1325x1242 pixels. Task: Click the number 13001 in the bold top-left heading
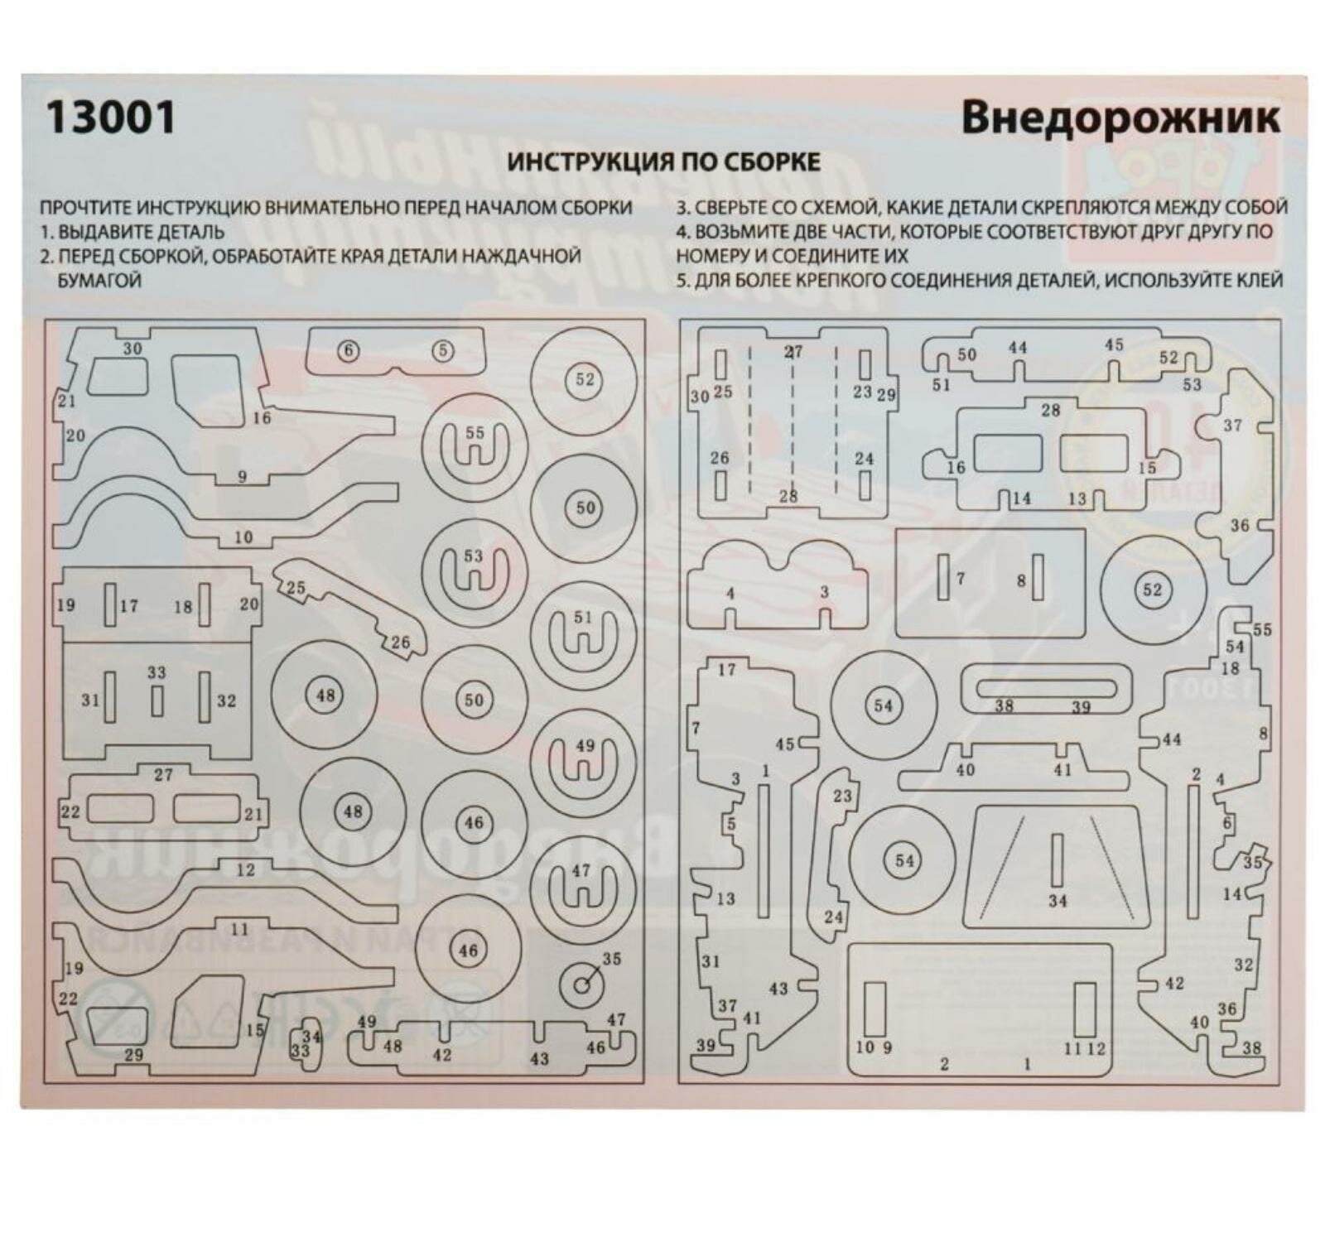(x=110, y=117)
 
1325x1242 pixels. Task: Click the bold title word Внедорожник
(x=1120, y=118)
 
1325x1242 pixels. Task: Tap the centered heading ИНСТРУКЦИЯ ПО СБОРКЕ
(x=663, y=161)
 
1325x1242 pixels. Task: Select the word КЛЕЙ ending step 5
(x=1259, y=280)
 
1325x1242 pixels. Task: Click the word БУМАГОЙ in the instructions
(x=99, y=280)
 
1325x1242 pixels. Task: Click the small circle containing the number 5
(x=443, y=351)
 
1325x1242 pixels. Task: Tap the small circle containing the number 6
(x=349, y=351)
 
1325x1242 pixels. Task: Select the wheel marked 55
(x=475, y=446)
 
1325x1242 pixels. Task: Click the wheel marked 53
(x=474, y=572)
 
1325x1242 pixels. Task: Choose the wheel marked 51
(x=583, y=634)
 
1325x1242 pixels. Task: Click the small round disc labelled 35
(x=584, y=984)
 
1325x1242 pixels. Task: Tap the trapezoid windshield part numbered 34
(x=1057, y=865)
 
